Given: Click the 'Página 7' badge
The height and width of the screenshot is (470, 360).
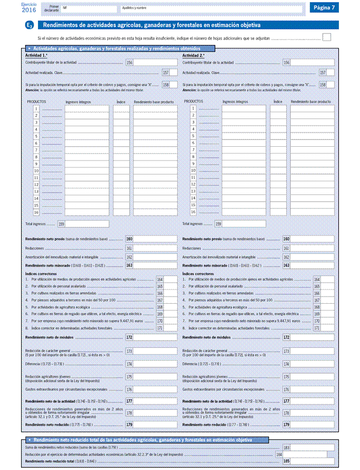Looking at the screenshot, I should pyautogui.click(x=324, y=8).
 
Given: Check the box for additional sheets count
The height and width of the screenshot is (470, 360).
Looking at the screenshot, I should pyautogui.click(x=326, y=37).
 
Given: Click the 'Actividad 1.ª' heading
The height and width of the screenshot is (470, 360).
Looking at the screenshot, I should pyautogui.click(x=36, y=55).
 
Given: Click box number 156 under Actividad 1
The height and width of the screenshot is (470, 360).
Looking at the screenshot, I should pyautogui.click(x=129, y=63).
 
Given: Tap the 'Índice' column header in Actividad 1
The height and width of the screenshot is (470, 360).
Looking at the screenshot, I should pyautogui.click(x=121, y=102).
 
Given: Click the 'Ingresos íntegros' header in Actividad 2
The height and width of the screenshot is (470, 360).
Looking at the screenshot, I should pyautogui.click(x=235, y=102).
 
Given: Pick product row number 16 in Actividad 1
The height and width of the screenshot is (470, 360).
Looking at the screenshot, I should pyautogui.click(x=36, y=212).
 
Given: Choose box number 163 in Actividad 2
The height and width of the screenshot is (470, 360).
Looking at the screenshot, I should pyautogui.click(x=287, y=265).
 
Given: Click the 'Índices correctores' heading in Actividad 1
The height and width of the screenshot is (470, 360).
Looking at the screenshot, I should pyautogui.click(x=39, y=273).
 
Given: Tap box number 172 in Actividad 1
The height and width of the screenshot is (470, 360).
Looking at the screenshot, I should pyautogui.click(x=129, y=337).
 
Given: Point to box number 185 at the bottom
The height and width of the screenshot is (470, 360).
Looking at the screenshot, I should pyautogui.click(x=287, y=461).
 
